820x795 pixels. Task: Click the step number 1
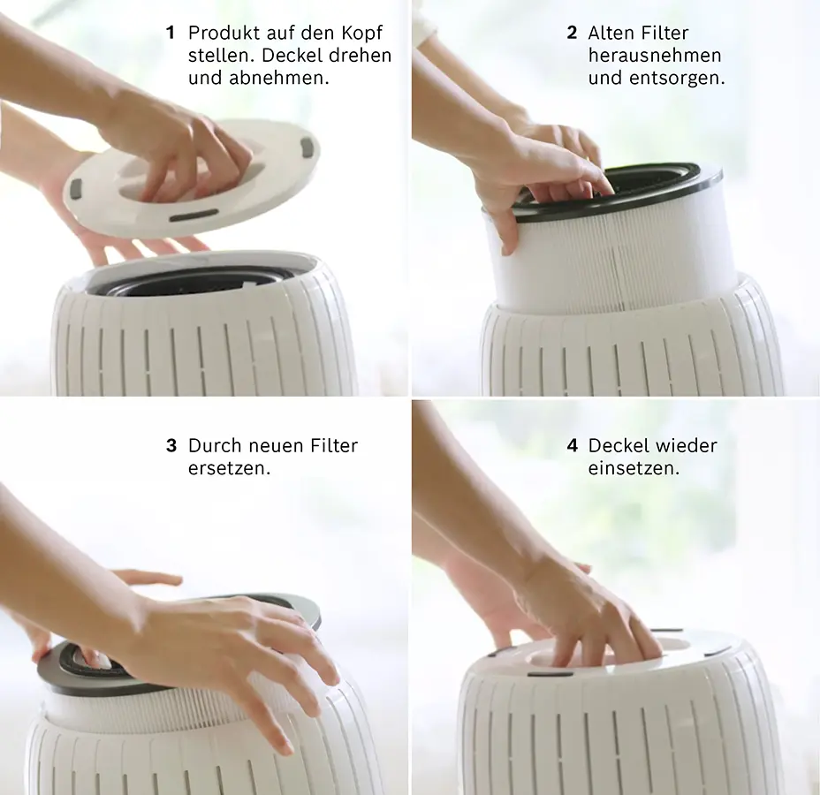coord(170,33)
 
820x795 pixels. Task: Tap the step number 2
coord(572,33)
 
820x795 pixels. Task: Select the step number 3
coord(171,445)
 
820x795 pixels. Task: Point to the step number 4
coord(573,445)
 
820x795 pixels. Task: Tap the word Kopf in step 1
coord(362,34)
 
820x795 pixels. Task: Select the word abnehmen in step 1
coord(278,78)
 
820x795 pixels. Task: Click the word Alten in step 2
coord(609,33)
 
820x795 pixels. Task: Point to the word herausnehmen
coord(655,56)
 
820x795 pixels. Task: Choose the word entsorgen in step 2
coord(677,79)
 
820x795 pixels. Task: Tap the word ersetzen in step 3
coord(229,468)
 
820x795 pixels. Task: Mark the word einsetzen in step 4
coord(634,468)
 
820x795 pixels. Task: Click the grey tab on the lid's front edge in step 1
coord(194,215)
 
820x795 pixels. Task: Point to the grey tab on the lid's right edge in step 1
coord(308,146)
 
